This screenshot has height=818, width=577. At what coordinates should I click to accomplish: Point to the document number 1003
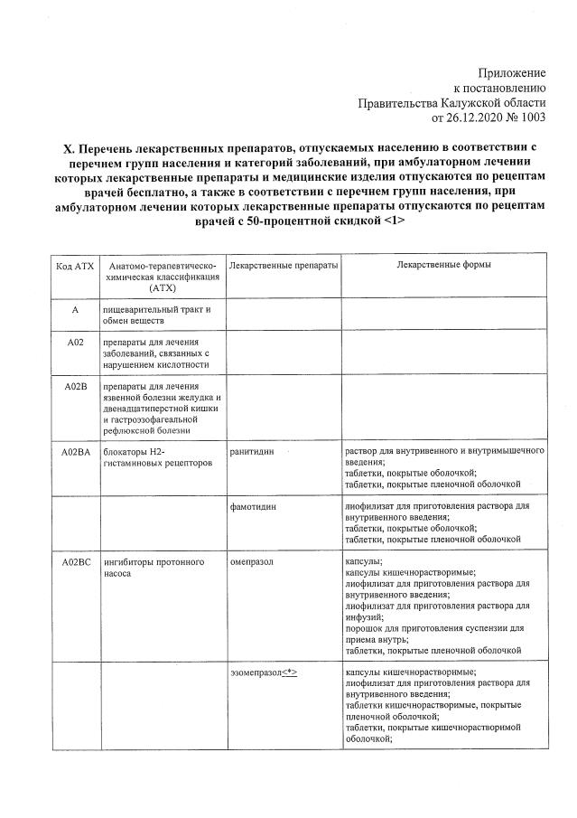tap(529, 117)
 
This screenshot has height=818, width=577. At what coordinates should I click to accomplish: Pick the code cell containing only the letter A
tap(75, 310)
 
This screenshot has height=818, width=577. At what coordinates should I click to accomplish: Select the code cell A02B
tap(75, 388)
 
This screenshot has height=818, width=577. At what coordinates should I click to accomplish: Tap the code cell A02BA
tap(75, 451)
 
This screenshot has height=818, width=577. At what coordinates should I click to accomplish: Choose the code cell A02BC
tap(75, 562)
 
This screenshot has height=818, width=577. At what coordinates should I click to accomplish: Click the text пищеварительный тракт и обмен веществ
tap(156, 315)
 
